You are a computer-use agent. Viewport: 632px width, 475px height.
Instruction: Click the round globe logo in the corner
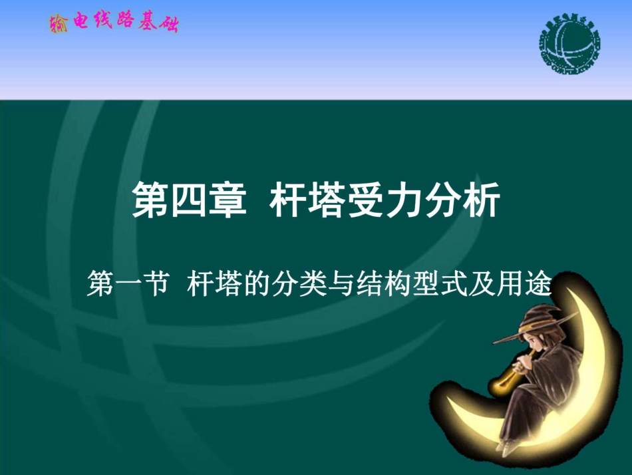tap(569, 47)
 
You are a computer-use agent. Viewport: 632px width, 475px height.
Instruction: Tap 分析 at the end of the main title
tap(462, 200)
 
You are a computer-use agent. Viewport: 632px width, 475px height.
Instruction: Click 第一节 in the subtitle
tap(125, 286)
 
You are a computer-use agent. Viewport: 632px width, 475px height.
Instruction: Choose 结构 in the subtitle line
tap(394, 286)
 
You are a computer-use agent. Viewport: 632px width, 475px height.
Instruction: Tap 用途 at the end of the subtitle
tap(532, 286)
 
